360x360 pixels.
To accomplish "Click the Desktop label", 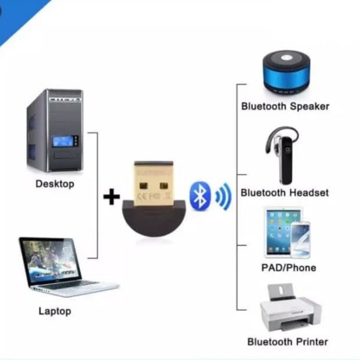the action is (x=55, y=184).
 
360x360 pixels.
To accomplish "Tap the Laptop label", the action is (x=55, y=311).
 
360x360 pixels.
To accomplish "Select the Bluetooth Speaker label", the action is (x=285, y=107).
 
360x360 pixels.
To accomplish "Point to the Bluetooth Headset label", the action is (x=284, y=193).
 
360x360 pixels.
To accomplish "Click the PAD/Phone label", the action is (x=289, y=268).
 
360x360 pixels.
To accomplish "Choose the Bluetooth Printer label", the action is (x=287, y=341).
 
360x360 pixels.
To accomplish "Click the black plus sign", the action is (x=112, y=196).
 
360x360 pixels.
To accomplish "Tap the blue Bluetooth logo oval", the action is (x=200, y=196).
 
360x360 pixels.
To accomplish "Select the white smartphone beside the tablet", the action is (x=300, y=239).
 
